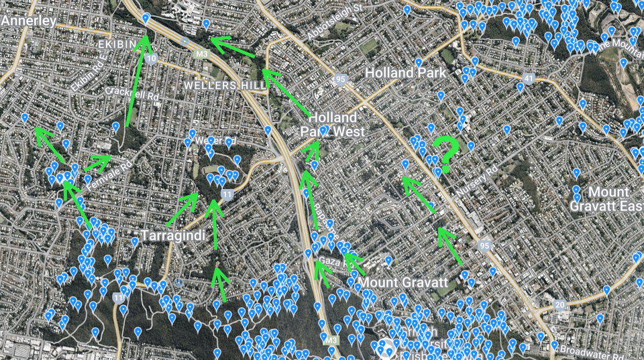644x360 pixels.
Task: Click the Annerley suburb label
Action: pyautogui.click(x=28, y=21)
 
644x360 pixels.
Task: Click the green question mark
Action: pyautogui.click(x=444, y=154)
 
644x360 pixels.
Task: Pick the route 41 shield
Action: pyautogui.click(x=529, y=79)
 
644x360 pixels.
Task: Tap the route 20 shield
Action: pyautogui.click(x=559, y=305)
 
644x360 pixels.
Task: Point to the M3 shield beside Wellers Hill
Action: pyautogui.click(x=201, y=53)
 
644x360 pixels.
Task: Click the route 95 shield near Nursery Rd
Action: pyautogui.click(x=485, y=245)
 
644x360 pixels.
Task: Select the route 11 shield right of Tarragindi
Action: pyautogui.click(x=227, y=195)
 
